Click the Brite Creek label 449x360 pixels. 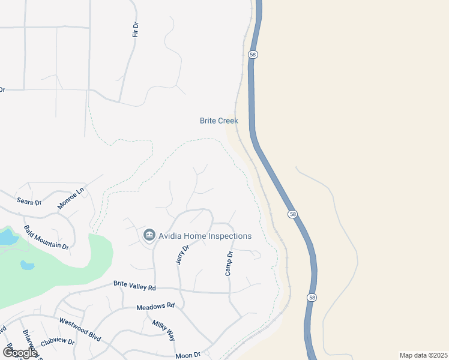coord(218,121)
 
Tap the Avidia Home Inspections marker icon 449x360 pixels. coord(149,236)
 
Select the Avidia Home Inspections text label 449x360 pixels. coord(205,236)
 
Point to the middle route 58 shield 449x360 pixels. coord(291,214)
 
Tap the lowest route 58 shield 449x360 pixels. coord(310,298)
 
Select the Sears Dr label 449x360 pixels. coord(29,202)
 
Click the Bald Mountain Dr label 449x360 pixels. coord(47,238)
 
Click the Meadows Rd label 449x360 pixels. coord(155,306)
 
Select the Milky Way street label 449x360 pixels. coord(163,330)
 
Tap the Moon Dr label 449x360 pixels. coord(187,355)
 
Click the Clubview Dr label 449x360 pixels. coord(57,343)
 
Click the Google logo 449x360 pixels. coord(19,353)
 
